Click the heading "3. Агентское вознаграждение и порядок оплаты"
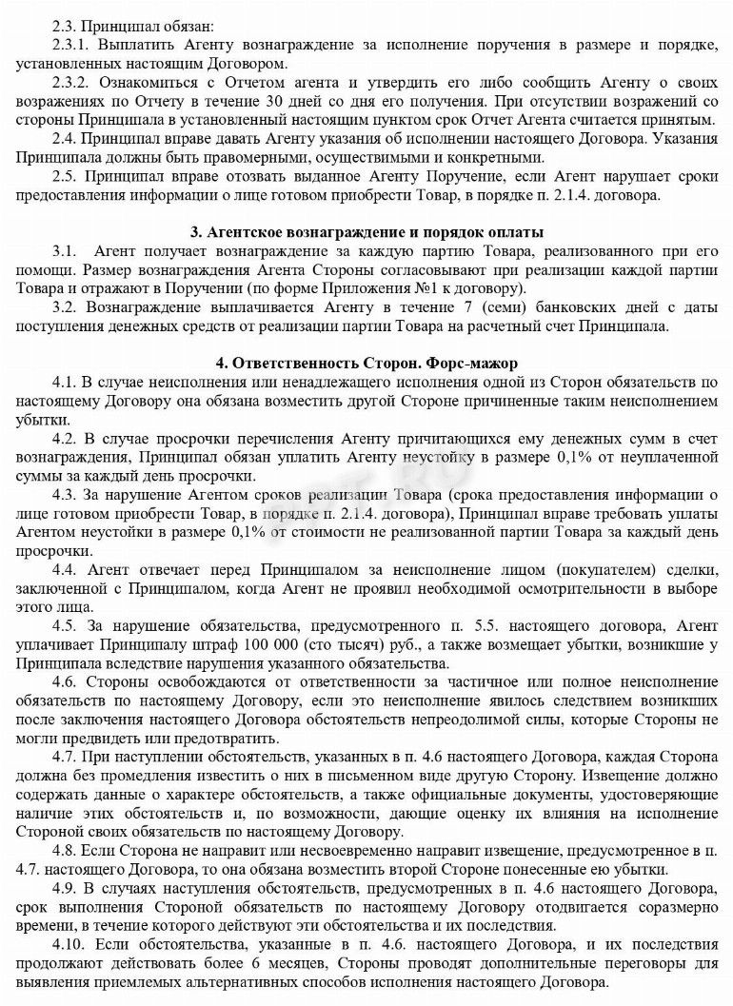pos(366,231)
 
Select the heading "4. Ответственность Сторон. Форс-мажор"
pos(366,363)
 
